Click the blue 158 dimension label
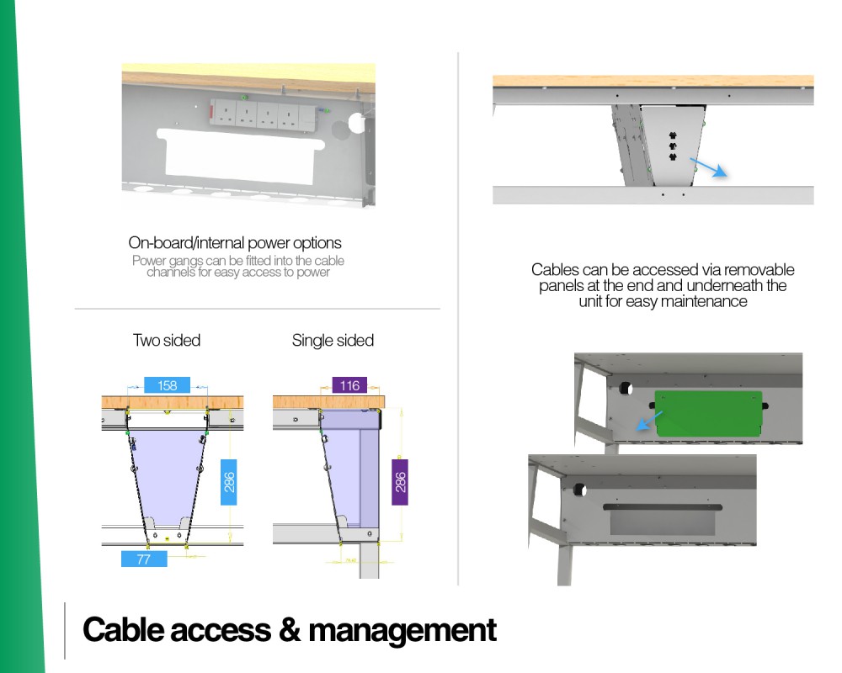167,385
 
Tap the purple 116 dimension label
349,385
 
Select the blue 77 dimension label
144,559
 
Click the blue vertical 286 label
229,482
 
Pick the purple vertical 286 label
400,482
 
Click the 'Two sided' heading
167,340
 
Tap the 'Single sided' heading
333,340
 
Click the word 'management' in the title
402,630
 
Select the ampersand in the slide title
290,629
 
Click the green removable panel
709,413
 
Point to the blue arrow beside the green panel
649,421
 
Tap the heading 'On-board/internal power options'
235,242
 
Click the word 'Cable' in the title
122,629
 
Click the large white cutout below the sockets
241,156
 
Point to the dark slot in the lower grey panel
663,507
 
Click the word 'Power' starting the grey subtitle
149,261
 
